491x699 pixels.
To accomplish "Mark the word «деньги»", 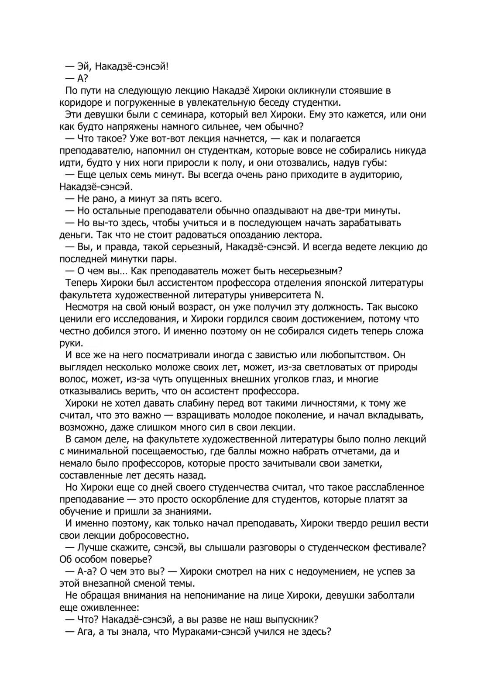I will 74,235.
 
